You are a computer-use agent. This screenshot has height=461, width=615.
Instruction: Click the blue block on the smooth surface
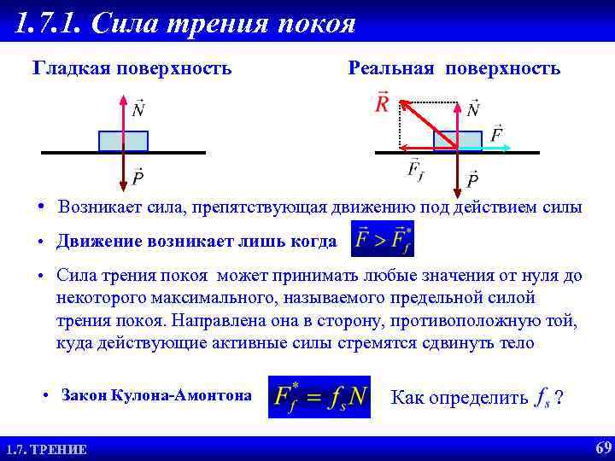pyautogui.click(x=123, y=141)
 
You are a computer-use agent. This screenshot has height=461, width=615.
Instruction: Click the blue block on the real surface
pyautogui.click(x=457, y=141)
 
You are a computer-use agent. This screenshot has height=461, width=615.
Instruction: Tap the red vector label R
pyautogui.click(x=382, y=104)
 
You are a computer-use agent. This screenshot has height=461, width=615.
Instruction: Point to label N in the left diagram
pyautogui.click(x=138, y=108)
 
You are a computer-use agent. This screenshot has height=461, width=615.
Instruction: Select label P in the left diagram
pyautogui.click(x=138, y=178)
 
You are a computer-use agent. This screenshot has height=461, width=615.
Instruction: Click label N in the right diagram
pyautogui.click(x=473, y=108)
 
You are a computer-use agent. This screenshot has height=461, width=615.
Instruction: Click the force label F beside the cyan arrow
pyautogui.click(x=496, y=134)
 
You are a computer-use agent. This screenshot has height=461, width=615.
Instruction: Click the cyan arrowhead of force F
pyautogui.click(x=505, y=149)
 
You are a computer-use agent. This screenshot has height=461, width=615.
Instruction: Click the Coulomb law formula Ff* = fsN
pyautogui.click(x=319, y=397)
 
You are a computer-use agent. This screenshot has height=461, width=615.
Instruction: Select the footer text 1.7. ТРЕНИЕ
pyautogui.click(x=46, y=449)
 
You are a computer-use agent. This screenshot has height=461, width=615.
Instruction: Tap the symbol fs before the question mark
pyautogui.click(x=542, y=399)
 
